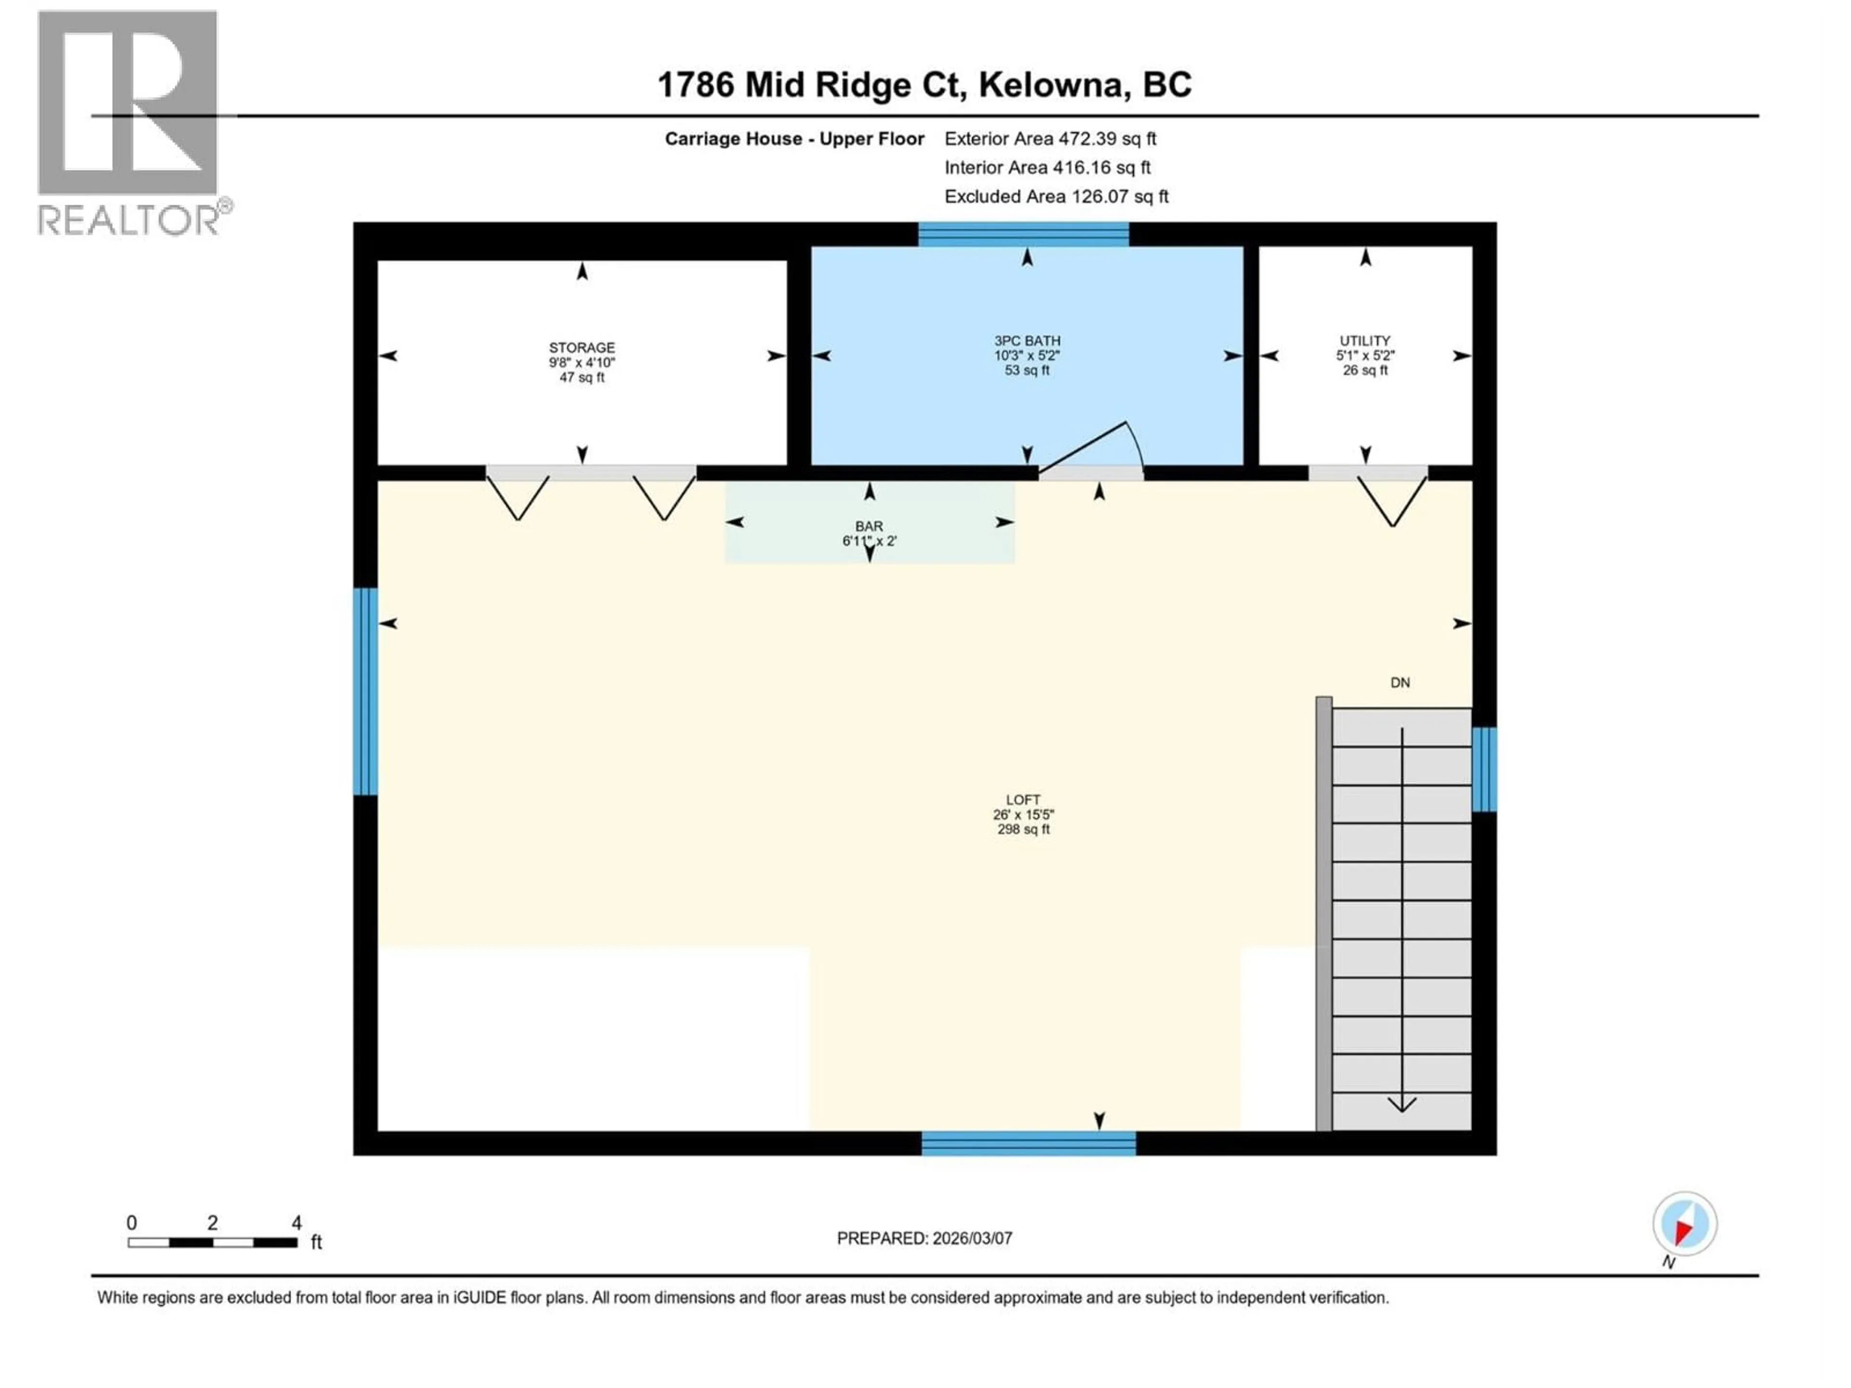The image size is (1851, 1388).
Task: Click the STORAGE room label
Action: pos(582,347)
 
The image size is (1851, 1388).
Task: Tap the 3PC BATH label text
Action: pos(1027,341)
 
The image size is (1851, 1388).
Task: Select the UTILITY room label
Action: pos(1365,341)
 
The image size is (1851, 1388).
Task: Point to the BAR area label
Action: pos(869,526)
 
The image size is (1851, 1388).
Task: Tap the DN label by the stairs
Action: pos(1400,683)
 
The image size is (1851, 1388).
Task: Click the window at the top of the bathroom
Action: pos(1023,234)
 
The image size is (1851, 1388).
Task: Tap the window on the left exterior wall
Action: pos(365,691)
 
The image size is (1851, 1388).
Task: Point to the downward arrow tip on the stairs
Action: pos(1402,1108)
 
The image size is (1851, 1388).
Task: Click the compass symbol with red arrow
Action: pos(1685,1224)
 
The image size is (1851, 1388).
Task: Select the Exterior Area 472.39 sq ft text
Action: pos(1050,139)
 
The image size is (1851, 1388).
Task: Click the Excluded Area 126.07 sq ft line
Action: pos(1056,197)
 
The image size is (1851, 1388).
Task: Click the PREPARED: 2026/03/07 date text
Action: pos(925,1238)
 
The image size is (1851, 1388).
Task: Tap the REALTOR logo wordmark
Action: pos(130,220)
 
